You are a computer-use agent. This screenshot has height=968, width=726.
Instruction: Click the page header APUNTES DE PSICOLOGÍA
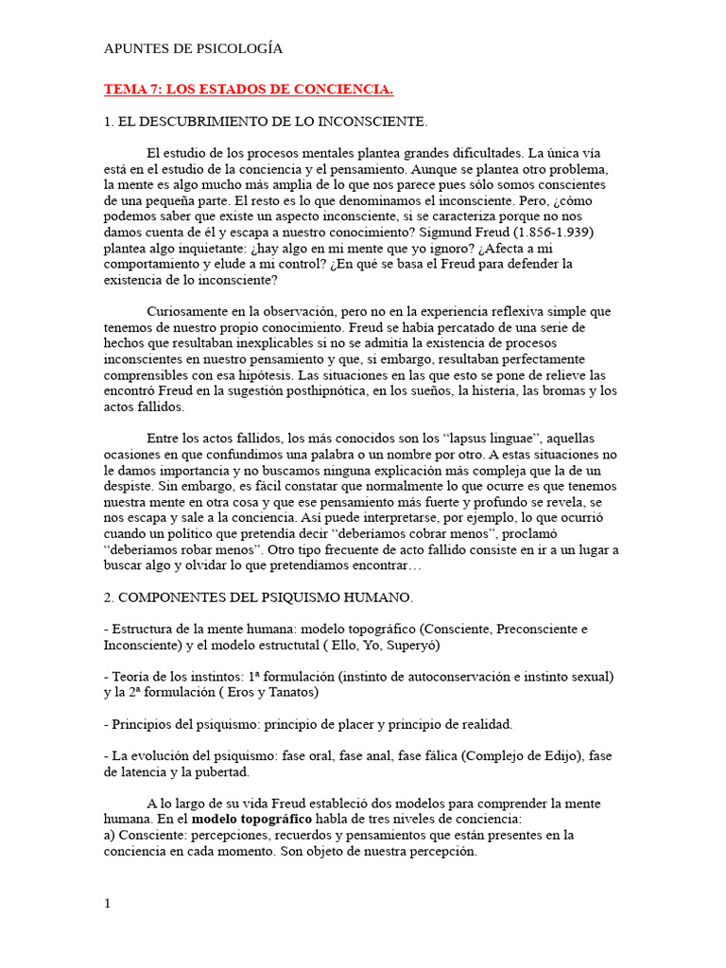coord(193,48)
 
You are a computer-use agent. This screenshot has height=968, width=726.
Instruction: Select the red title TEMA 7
coord(248,90)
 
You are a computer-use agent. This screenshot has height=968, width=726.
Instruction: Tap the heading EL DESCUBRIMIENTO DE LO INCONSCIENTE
coord(266,122)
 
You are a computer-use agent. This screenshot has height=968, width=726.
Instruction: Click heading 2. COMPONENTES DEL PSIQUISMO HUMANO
coord(258,597)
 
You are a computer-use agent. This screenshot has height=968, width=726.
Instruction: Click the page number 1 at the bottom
coord(107,904)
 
